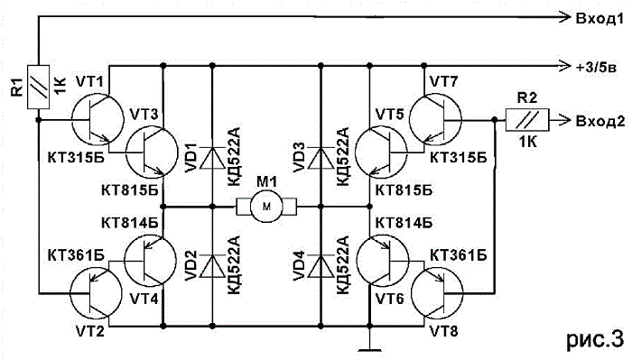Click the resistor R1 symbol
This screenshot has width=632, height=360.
[x=38, y=87]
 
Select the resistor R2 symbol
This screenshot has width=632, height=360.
[x=527, y=120]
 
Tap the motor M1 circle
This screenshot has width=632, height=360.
[x=267, y=207]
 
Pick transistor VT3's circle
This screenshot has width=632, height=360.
[x=126, y=152]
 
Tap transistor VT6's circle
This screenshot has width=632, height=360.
[x=408, y=260]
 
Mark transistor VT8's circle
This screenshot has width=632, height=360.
[x=462, y=294]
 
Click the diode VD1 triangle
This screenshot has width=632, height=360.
[x=212, y=158]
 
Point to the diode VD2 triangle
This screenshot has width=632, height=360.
[x=212, y=266]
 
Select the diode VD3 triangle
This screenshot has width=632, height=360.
[x=321, y=158]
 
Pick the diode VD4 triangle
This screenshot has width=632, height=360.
[x=321, y=266]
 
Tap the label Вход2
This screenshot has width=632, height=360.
[x=600, y=121]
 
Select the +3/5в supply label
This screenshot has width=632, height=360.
[x=596, y=68]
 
